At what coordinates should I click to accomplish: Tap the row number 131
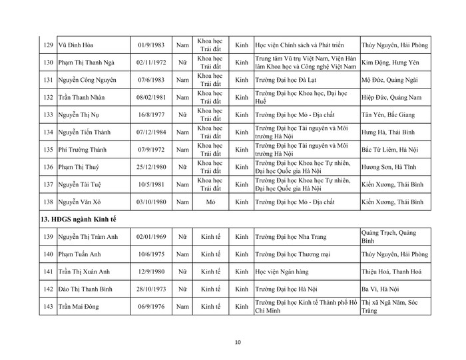(47, 80)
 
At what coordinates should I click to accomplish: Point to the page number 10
(238, 342)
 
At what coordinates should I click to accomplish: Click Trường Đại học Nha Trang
(294, 236)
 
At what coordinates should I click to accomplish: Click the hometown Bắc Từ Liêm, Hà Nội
(393, 149)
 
